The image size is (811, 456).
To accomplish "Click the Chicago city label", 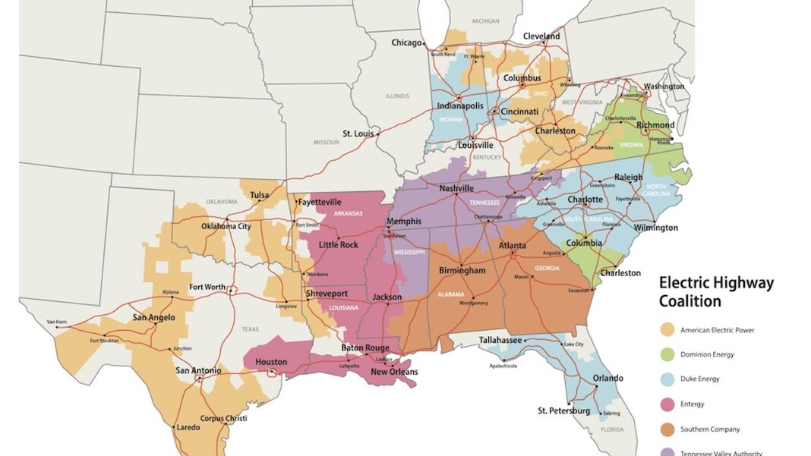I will coord(406,43).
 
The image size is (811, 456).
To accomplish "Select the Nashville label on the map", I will coord(456,188).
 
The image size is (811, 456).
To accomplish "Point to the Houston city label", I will coord(271,362).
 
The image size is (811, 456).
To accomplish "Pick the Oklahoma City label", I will coord(226,226).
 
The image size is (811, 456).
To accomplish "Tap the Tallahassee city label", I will coord(500,340).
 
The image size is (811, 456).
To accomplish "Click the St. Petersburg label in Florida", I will coord(563,410).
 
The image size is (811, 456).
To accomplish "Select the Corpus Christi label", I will coord(223,418).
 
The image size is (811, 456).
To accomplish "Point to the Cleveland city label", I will coord(541,36).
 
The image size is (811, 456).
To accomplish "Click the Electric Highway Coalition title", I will coord(715,291).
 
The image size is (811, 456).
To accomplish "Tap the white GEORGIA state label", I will coord(546,268).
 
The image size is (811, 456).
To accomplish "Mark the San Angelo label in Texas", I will coord(153,317).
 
